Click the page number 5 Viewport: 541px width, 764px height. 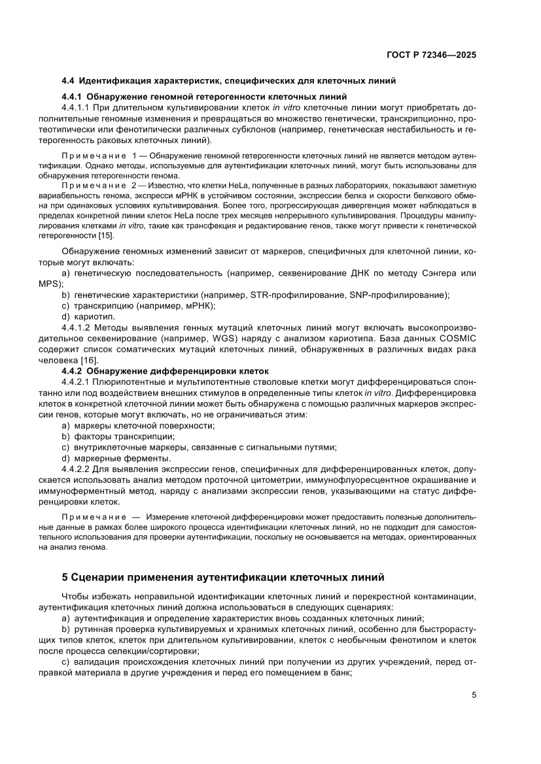(473, 695)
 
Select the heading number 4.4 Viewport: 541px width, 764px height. (68, 82)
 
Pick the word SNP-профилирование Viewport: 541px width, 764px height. (397, 295)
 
